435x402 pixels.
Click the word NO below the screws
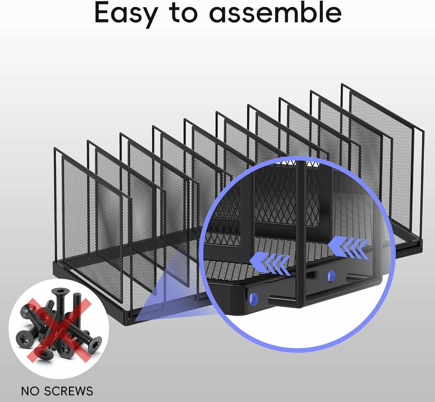[x=30, y=391]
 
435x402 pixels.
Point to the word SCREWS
[x=69, y=391]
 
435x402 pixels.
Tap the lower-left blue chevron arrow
[x=270, y=263]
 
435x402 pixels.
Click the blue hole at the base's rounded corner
[x=253, y=298]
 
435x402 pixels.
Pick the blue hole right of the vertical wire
[x=331, y=276]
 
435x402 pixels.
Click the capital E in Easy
[x=102, y=13]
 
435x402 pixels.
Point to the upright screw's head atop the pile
[x=60, y=292]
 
